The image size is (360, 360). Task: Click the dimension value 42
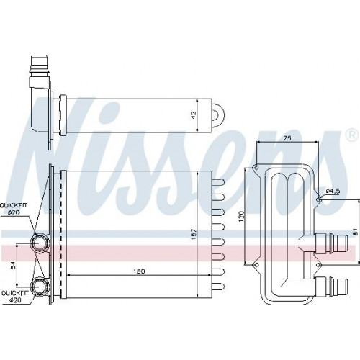(194, 115)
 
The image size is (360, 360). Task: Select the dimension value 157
(194, 234)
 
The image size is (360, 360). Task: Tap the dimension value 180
(139, 271)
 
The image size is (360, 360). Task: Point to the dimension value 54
(13, 265)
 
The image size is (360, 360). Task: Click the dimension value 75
(287, 138)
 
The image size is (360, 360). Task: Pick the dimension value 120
(242, 216)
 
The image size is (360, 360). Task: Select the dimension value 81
(356, 232)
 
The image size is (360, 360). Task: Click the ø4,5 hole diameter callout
(333, 191)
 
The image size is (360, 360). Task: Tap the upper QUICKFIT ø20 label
(14, 209)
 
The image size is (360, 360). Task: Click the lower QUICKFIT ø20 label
(15, 297)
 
